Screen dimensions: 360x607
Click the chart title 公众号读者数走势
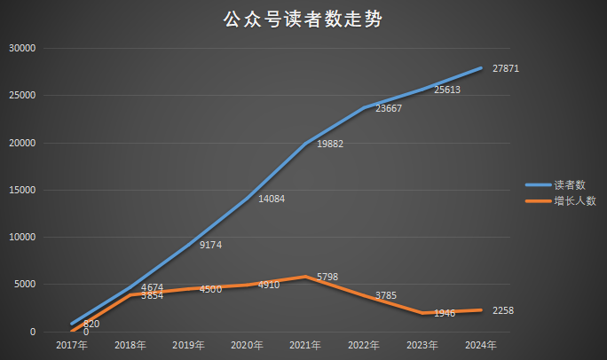[x=303, y=20]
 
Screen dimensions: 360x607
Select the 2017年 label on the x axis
[x=71, y=344]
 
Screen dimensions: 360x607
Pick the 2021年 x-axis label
[x=305, y=344]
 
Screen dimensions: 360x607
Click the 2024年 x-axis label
[x=480, y=344]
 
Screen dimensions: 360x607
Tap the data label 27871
[x=505, y=68]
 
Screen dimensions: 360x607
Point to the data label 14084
[x=272, y=199]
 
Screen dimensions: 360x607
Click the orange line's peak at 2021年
[x=305, y=277]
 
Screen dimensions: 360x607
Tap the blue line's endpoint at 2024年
[x=480, y=68]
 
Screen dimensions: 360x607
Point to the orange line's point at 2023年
[x=422, y=313]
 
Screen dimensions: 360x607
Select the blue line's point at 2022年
[x=364, y=107]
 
